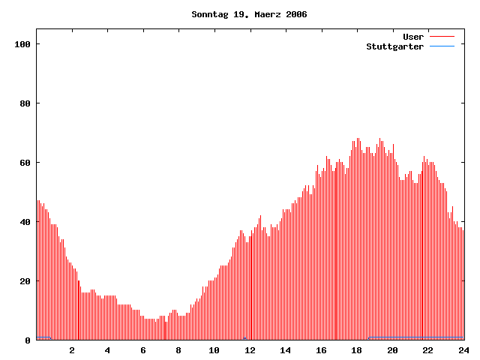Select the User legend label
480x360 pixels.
tap(413, 37)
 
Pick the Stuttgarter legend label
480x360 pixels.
tap(395, 46)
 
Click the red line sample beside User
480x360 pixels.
tap(442, 37)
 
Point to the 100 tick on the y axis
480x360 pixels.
tap(21, 44)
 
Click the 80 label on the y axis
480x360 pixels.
tap(24, 103)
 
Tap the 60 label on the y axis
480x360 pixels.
tap(24, 163)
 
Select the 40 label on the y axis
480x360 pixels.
tap(24, 222)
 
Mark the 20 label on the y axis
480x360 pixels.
tap(24, 281)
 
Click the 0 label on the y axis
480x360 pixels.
tap(27, 340)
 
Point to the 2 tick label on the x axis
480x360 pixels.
tap(72, 350)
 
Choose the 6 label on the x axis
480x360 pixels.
tap(143, 350)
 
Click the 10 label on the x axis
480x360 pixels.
tap(214, 350)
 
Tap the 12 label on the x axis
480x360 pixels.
tap(250, 350)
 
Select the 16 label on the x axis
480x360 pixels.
tap(321, 350)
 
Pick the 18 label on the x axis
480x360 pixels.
tap(357, 350)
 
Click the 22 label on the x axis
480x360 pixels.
tap(428, 350)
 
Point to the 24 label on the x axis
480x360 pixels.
tap(463, 350)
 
